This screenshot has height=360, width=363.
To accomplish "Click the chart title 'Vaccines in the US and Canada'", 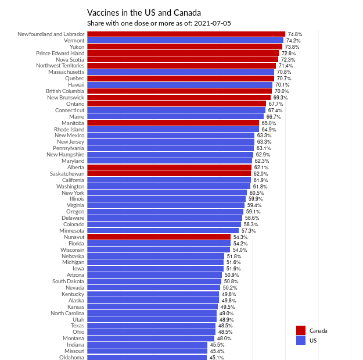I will [144, 12].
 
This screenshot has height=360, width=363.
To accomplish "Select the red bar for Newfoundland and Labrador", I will [186, 34].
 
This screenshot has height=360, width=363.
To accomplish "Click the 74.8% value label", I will [295, 34].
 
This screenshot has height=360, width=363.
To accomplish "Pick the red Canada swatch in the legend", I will [301, 330].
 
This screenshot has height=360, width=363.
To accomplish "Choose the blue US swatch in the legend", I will [301, 340].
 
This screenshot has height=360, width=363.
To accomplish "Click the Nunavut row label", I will [74, 237].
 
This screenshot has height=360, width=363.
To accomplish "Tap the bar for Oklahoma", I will [147, 358].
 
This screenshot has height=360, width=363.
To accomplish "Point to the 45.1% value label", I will [217, 358].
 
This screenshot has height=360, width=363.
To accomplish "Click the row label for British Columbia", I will [65, 91].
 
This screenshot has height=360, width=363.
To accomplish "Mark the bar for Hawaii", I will [179, 85].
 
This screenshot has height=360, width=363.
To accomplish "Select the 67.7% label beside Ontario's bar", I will [276, 104].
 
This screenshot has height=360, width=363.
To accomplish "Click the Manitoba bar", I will [173, 123].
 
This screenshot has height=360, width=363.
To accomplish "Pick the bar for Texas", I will [151, 326].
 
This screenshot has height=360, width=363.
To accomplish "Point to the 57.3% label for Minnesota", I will [249, 231].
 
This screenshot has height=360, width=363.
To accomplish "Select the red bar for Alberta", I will [169, 167].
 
